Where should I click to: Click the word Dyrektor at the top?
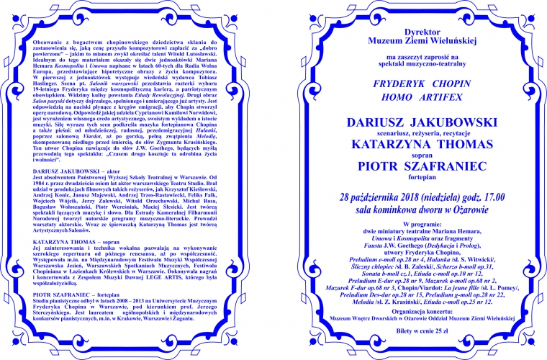click(410, 33)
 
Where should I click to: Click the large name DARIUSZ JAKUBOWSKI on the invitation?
click(410, 124)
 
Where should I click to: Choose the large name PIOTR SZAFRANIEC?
click(410, 168)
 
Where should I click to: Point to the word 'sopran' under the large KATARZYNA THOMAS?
click(410, 156)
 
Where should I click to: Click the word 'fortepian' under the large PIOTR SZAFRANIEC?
click(410, 179)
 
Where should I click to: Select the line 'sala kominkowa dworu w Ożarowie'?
click(410, 210)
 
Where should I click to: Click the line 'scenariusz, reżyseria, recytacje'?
click(410, 135)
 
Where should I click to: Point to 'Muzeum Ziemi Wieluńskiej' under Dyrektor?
click(410, 42)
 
